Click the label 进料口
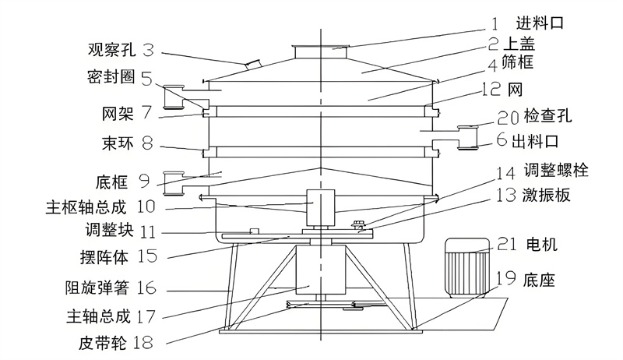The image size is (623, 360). (x=540, y=23)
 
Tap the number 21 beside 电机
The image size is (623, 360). (x=507, y=244)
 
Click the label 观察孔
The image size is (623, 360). (x=111, y=50)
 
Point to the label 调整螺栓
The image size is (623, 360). (x=555, y=170)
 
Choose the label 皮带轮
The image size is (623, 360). (x=103, y=342)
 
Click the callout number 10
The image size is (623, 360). (x=146, y=207)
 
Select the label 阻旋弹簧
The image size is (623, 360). (x=97, y=288)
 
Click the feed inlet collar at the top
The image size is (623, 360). (x=321, y=51)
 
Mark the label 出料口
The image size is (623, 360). (x=535, y=141)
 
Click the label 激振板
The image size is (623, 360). (x=547, y=195)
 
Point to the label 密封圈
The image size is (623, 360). (x=111, y=77)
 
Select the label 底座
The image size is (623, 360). (x=539, y=281)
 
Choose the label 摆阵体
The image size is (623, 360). (x=104, y=257)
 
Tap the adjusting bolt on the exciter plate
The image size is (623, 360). (x=355, y=224)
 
